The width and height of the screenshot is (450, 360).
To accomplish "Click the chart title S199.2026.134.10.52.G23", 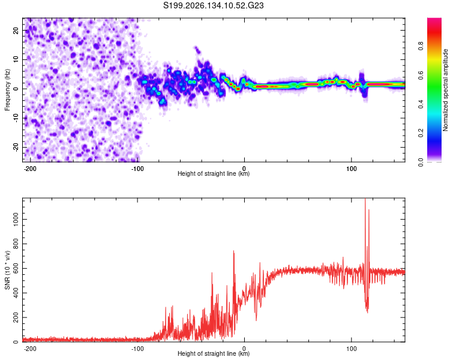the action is tap(213, 5).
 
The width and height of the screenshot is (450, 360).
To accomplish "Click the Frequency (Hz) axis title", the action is tap(7, 90).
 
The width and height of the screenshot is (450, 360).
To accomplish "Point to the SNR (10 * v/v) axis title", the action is tap(7, 270).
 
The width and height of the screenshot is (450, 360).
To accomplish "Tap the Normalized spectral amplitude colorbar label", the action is tap(445, 90).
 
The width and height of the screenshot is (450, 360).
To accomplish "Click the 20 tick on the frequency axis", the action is tap(16, 30).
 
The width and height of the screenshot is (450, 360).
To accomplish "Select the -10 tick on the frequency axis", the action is tap(16, 118).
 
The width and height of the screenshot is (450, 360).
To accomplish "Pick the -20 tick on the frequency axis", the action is tap(16, 147).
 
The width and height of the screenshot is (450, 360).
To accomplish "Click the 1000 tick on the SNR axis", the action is tap(16, 220).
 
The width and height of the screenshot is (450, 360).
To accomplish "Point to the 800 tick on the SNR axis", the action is tap(16, 244).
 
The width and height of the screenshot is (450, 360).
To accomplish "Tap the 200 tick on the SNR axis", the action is tap(16, 317).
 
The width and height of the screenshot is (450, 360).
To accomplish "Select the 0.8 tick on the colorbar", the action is tap(421, 46).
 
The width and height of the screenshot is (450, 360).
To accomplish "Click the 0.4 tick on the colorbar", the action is tap(421, 104).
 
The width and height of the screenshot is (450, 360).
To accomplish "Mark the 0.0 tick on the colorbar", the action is tap(421, 162).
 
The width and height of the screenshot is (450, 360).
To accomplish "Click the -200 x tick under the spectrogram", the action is tap(29, 169).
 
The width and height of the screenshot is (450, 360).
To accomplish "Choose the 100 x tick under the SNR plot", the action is tap(351, 349).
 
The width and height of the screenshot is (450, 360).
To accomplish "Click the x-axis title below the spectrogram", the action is tap(214, 173).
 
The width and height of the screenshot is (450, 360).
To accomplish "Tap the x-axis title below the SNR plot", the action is tap(214, 353).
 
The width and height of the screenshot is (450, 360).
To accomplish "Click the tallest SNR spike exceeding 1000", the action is tap(365, 199).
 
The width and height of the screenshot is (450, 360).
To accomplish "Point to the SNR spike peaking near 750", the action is tap(233, 251).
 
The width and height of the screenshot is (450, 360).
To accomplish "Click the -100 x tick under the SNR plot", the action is tap(137, 349).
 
